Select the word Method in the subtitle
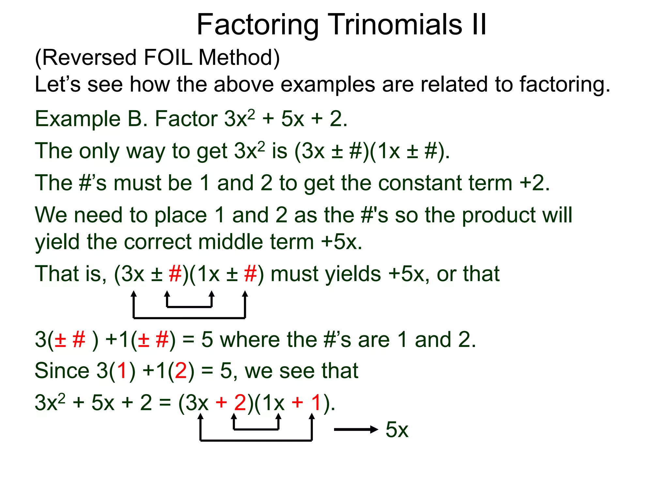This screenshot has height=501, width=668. pyautogui.click(x=239, y=58)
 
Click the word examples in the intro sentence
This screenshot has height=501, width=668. pyautogui.click(x=328, y=84)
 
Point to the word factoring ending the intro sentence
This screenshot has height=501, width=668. pyautogui.click(x=564, y=84)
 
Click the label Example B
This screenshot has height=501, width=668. pyautogui.click(x=91, y=119)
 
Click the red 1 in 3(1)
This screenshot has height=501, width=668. pyautogui.click(x=122, y=371)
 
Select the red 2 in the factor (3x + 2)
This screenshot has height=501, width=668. pyautogui.click(x=240, y=402)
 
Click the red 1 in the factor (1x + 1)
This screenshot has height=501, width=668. pyautogui.click(x=316, y=402)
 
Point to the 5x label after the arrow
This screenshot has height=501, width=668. pyautogui.click(x=397, y=430)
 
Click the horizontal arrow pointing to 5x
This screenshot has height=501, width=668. pyautogui.click(x=356, y=430)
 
